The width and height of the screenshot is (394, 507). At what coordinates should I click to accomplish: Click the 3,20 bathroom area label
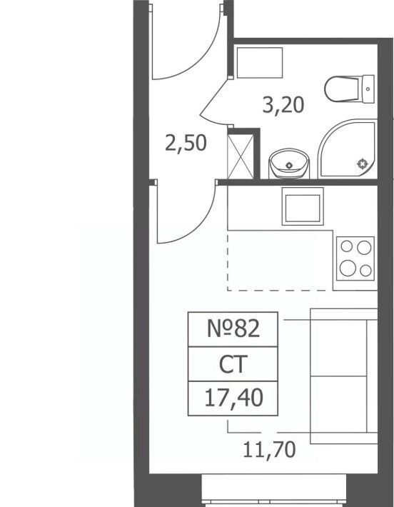pyautogui.click(x=283, y=105)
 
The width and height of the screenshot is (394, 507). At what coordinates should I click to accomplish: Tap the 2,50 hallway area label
pyautogui.click(x=186, y=144)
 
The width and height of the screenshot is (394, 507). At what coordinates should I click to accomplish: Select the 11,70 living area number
pyautogui.click(x=269, y=450)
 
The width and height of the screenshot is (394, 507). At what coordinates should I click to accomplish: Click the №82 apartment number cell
pyautogui.click(x=233, y=329)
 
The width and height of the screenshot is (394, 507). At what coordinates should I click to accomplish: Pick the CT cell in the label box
pyautogui.click(x=233, y=364)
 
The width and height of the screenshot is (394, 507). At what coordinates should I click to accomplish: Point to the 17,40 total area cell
pyautogui.click(x=233, y=398)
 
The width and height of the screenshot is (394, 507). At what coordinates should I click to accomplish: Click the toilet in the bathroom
pyautogui.click(x=350, y=89)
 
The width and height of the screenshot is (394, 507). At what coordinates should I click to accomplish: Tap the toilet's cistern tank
pyautogui.click(x=368, y=89)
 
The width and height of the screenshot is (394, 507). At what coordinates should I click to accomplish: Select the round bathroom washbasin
pyautogui.click(x=289, y=164)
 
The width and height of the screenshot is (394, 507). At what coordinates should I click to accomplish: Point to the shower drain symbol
pyautogui.click(x=363, y=164)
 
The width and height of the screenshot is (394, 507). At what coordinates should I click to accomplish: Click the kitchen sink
pyautogui.click(x=303, y=206)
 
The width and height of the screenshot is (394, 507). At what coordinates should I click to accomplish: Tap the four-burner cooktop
pyautogui.click(x=355, y=258)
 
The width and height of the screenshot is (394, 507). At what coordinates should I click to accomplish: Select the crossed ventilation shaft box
pyautogui.click(x=241, y=156)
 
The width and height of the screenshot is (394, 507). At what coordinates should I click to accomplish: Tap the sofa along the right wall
pyautogui.click(x=343, y=376)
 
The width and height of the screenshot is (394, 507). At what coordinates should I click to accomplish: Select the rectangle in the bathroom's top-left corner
pyautogui.click(x=260, y=63)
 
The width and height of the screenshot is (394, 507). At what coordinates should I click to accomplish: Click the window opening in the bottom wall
pyautogui.click(x=274, y=490)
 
